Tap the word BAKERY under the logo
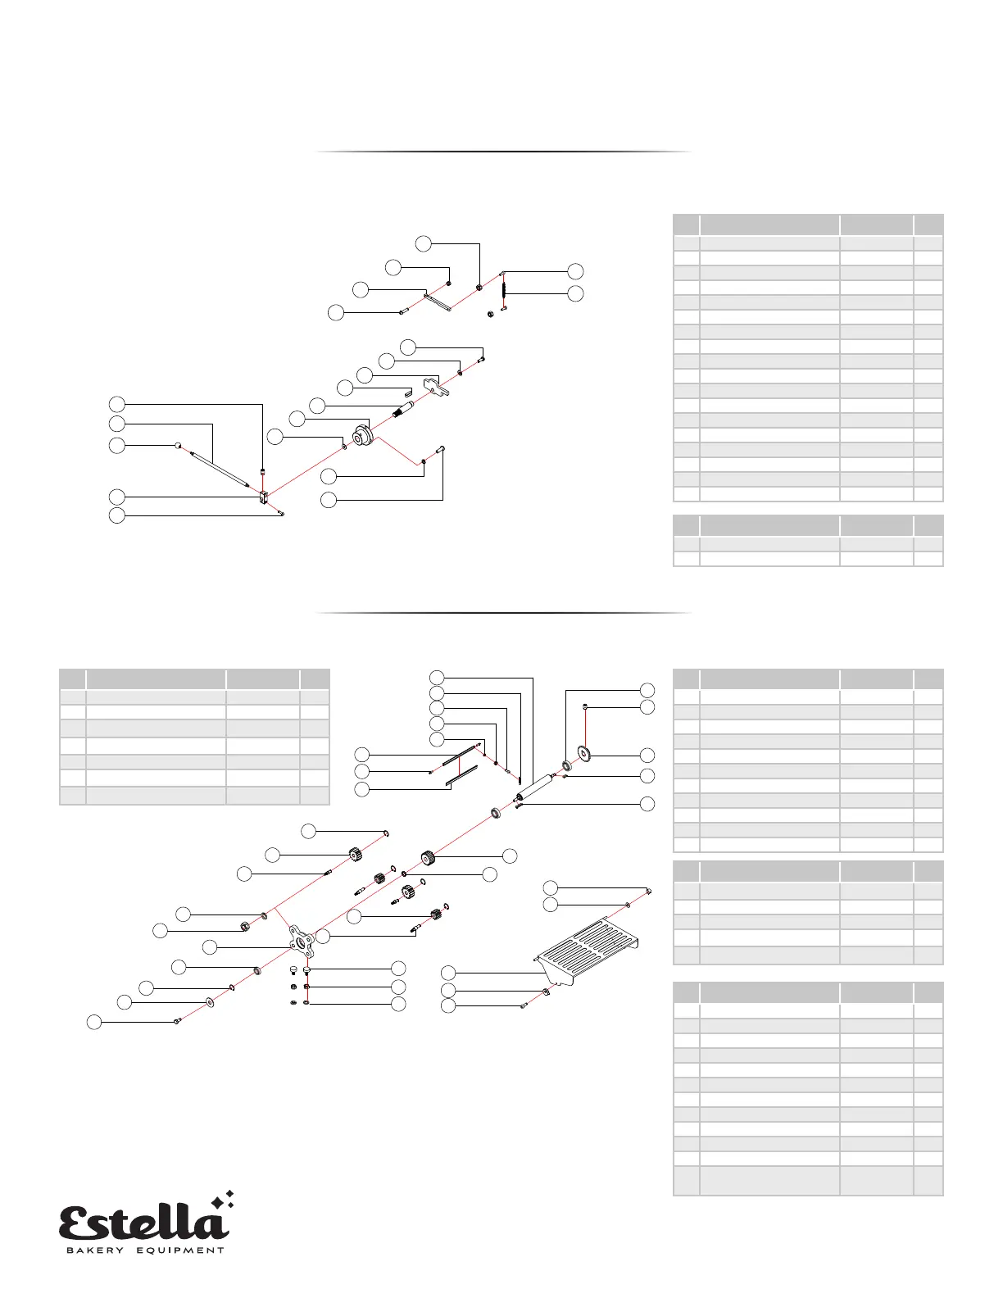94,1251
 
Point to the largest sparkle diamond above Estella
218,1202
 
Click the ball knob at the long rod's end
179,445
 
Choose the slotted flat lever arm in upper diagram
438,302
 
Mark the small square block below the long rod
264,497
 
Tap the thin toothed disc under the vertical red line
584,754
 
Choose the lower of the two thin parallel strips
461,777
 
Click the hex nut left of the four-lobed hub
244,927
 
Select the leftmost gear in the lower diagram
355,855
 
